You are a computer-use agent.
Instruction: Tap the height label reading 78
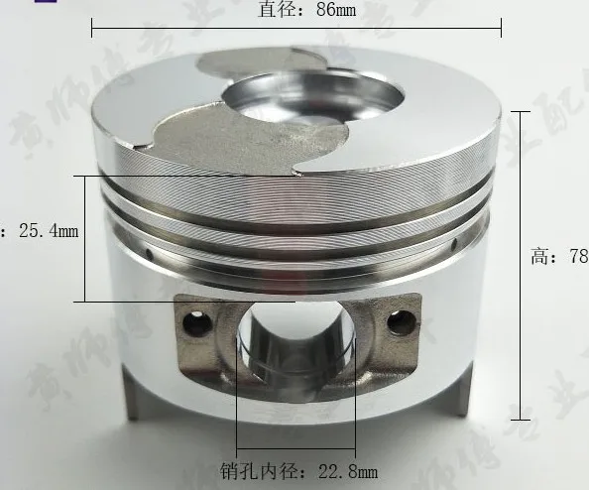(x=559, y=257)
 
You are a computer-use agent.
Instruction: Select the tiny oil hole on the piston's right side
(x=454, y=243)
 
